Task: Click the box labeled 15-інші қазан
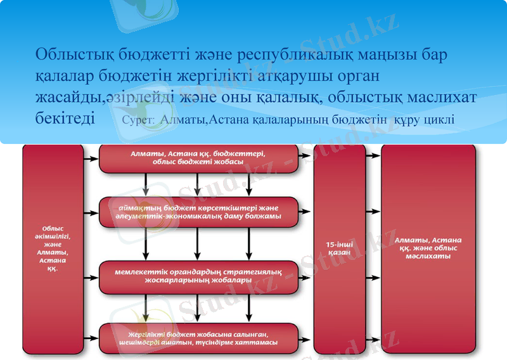tap(339, 248)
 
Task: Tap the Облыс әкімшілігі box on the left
tap(53, 248)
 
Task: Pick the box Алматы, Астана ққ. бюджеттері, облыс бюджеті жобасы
tap(198, 158)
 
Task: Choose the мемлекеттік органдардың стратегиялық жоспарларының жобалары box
tap(198, 276)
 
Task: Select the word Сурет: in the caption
tap(139, 120)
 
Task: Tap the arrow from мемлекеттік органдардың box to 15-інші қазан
tap(306, 277)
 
